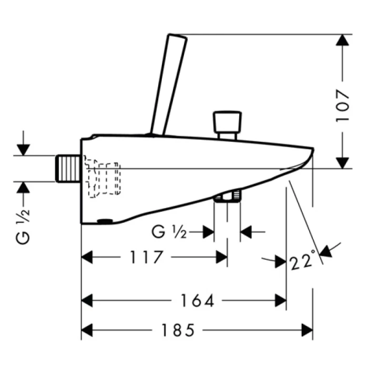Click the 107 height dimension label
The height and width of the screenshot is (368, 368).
pos(343,106)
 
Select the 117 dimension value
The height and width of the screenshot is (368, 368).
pos(146,257)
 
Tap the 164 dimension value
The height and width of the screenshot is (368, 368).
pos(197,300)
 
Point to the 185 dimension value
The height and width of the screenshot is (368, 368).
pos(178,330)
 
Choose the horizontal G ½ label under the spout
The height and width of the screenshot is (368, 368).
pos(169,232)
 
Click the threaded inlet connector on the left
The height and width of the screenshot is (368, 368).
pos(68,168)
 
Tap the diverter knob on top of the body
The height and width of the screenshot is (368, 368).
pos(227,125)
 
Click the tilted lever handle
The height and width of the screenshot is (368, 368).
pos(168,85)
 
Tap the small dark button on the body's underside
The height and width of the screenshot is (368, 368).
pos(105,221)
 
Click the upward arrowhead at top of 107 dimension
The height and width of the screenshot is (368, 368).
pos(342,40)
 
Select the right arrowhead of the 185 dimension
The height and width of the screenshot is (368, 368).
pos(307,330)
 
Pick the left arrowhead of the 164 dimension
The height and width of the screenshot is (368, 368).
pos(87,300)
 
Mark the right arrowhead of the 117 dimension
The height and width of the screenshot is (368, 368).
pos(221,257)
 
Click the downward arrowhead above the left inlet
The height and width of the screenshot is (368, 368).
pos(23,150)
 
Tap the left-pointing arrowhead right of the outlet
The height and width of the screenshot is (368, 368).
pos(246,232)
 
